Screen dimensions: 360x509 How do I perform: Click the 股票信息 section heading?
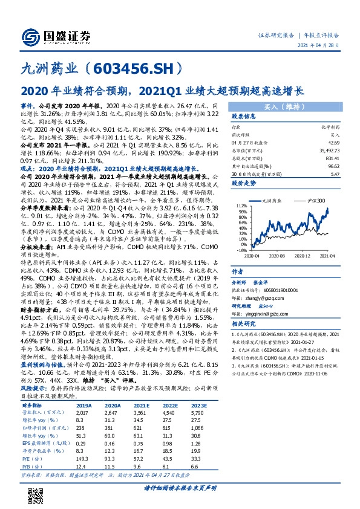tap(243, 116)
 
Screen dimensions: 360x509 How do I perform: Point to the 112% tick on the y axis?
tap(240, 206)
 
